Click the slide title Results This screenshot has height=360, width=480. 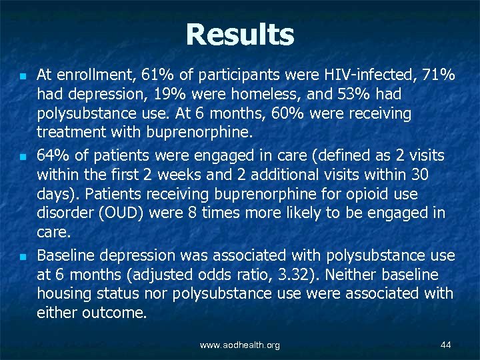coord(240,35)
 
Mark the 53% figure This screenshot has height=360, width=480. coord(322,95)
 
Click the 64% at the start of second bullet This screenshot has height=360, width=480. coord(51,157)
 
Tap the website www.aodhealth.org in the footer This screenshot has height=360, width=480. coord(240,345)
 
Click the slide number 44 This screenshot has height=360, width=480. coord(446,345)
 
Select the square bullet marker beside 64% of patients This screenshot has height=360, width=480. coord(22,158)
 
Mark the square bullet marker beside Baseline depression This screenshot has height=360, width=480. coord(22,257)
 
